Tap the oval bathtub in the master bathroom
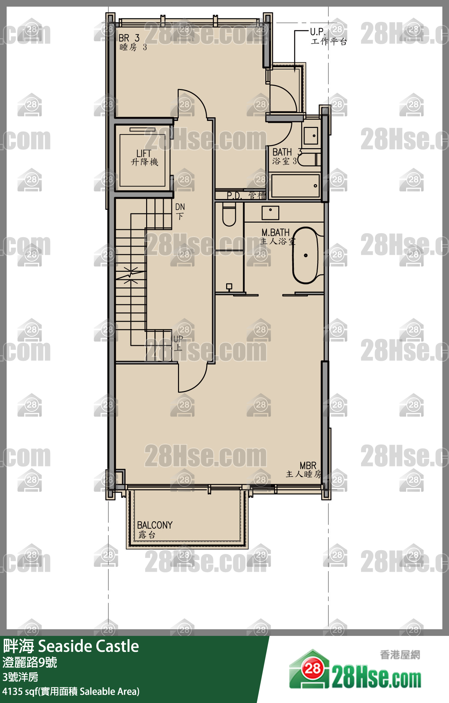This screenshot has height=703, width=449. click(305, 255)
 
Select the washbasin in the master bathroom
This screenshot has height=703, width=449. click(270, 213)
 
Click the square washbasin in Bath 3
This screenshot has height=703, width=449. click(311, 136)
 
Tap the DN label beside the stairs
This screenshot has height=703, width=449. click(180, 211)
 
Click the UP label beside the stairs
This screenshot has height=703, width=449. click(178, 343)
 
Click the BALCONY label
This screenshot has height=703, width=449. click(154, 529)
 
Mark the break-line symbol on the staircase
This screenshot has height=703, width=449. click(131, 275)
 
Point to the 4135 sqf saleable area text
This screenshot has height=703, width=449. click(71, 691)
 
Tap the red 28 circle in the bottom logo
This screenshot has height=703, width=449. click(313, 668)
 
